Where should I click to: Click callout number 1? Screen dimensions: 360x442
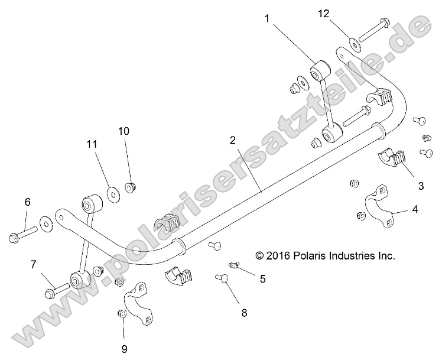click(x=267, y=18)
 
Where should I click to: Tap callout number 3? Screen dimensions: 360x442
click(x=421, y=186)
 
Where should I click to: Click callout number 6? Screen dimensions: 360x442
click(x=27, y=202)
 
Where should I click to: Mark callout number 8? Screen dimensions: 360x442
click(x=244, y=314)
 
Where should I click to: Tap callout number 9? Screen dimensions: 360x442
click(x=125, y=348)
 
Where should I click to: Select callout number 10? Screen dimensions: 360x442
click(x=123, y=131)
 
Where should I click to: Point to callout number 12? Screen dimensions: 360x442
click(x=324, y=13)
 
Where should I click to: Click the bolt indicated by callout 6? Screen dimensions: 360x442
click(x=24, y=233)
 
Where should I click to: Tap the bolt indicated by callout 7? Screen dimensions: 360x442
click(x=56, y=290)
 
